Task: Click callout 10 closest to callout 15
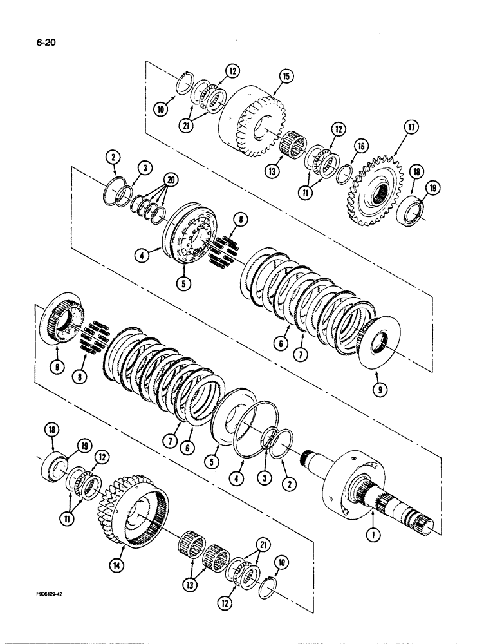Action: (161, 110)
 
